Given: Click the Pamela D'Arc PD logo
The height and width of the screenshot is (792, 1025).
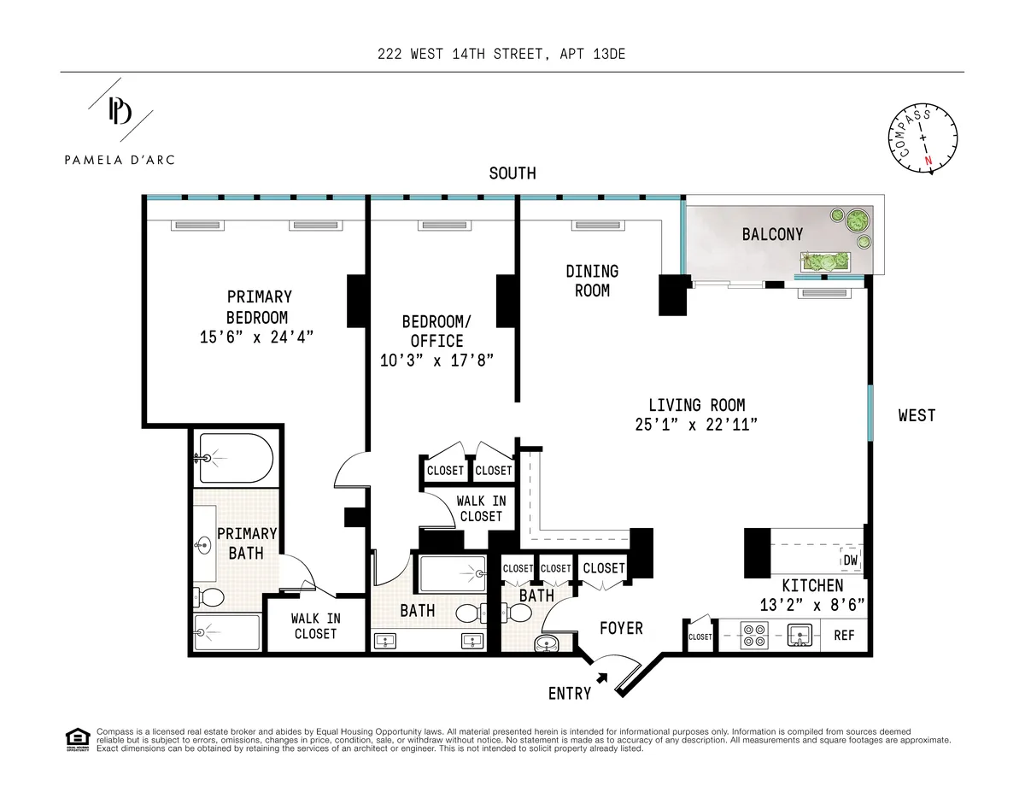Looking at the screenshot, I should click(x=120, y=111).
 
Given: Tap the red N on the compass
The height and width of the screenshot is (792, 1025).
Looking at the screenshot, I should click(x=928, y=160).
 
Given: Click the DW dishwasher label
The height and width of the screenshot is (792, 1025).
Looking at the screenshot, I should click(x=850, y=560).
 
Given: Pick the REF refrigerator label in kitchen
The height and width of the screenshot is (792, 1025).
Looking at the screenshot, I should click(x=844, y=636).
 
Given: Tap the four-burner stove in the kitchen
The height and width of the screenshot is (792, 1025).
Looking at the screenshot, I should click(x=755, y=637).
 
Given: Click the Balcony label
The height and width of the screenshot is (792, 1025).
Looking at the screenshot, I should click(x=772, y=234).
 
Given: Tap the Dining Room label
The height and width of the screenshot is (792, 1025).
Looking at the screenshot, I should click(x=592, y=280).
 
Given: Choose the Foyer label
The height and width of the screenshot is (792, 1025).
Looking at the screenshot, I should click(x=621, y=628).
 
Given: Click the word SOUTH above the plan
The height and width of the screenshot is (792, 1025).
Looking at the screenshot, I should click(x=512, y=173).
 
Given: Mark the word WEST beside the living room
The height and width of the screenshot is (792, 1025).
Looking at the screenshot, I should click(x=917, y=416).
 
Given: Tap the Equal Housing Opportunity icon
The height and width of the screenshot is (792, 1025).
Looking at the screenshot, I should click(x=77, y=739).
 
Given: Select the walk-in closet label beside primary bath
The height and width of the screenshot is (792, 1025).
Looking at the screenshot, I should click(x=315, y=625).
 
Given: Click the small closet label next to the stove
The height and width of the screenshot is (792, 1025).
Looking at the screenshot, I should click(x=700, y=637).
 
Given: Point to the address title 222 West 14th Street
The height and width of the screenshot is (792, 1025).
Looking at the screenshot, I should click(x=507, y=55).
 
